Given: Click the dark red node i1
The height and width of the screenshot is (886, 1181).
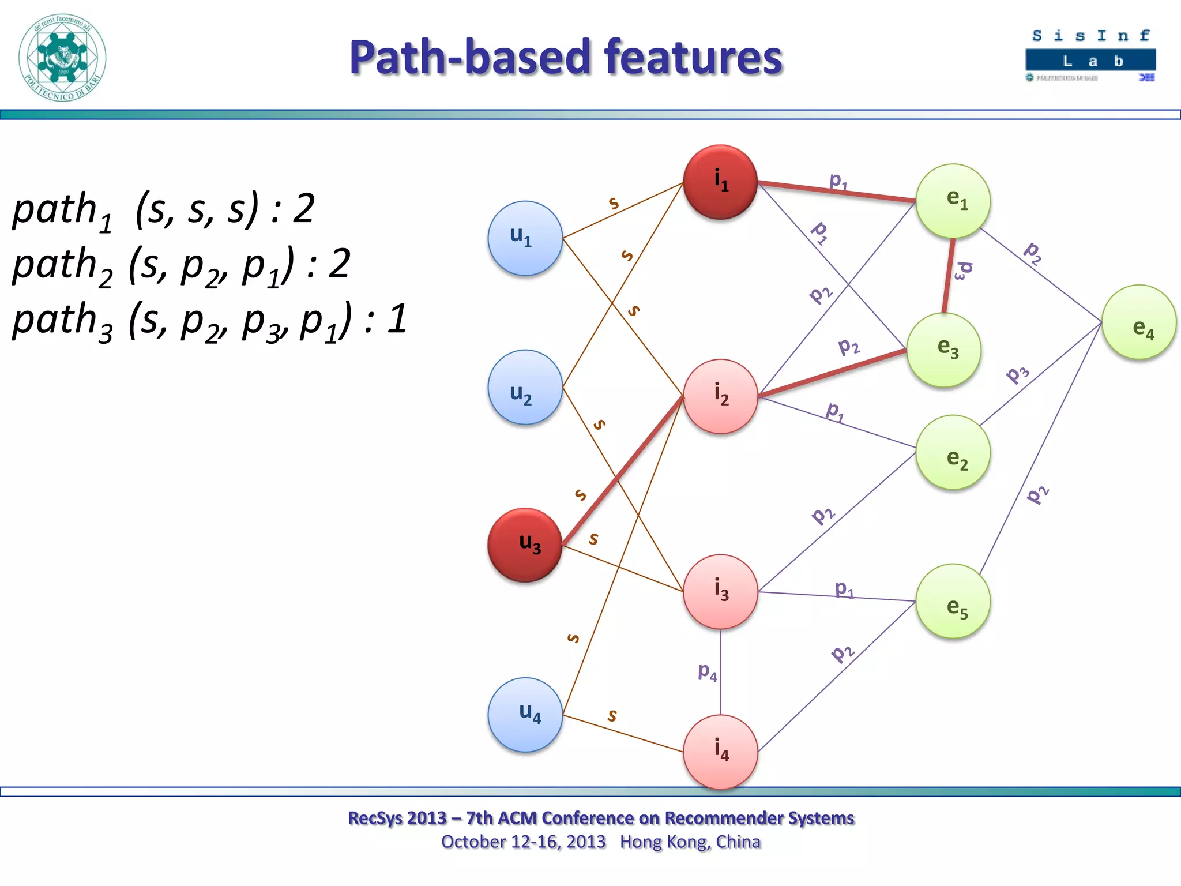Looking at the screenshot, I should (x=720, y=182).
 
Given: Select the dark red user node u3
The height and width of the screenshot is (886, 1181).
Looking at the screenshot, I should (x=525, y=545).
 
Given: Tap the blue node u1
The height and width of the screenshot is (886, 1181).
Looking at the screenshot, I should (x=525, y=238).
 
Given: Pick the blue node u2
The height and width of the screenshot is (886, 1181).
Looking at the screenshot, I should (x=525, y=386).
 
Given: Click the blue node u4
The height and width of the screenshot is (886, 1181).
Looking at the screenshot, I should (x=525, y=714).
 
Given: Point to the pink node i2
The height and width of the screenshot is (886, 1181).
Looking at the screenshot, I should (x=720, y=396).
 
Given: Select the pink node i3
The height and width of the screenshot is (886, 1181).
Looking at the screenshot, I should (x=720, y=591).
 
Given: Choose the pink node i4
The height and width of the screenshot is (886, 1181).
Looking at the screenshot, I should (x=720, y=752).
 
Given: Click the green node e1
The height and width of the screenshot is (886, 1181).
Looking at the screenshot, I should (x=953, y=201).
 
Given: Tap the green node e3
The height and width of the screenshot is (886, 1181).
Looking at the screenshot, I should (x=943, y=350).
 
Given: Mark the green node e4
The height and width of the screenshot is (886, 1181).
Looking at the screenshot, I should (x=1138, y=322).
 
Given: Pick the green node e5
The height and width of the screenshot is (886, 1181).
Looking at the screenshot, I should (x=953, y=600).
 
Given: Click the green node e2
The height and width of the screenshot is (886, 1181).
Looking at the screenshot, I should (x=953, y=452).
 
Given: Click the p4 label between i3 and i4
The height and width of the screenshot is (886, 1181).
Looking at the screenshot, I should (x=707, y=671).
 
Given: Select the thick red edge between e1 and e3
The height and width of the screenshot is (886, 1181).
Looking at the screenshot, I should (x=948, y=276).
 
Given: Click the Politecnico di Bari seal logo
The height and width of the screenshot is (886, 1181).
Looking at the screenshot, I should (x=62, y=58).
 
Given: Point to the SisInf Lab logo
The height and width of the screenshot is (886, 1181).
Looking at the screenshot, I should (x=1090, y=55).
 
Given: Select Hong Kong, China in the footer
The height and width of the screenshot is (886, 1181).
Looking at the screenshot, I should (x=690, y=842).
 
